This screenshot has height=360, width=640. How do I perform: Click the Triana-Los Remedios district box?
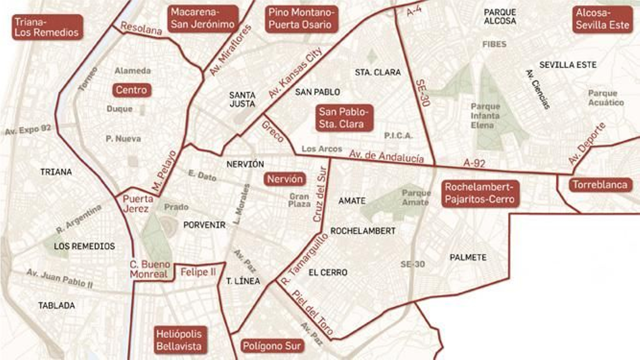coord(47,27)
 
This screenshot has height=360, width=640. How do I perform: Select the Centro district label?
coord(131,90)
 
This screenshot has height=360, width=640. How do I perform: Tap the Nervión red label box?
coord(285,179)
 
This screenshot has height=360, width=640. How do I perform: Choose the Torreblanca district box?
coord(600,184)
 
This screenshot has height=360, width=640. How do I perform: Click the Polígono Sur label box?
coord(272,346)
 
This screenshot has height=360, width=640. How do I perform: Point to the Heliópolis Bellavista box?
coord(179,340)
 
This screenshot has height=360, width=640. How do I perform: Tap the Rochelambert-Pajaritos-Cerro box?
coord(480,193)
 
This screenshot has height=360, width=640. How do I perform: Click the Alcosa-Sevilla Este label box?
coord(602,19)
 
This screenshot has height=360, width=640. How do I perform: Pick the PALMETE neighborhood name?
coord(468,258)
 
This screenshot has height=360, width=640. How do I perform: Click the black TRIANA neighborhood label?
coord(56,172)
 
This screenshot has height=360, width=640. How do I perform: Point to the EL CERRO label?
coord(328,272)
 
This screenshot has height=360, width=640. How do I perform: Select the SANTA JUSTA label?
coord(242,99)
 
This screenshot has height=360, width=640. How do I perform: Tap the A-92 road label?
coord(474,163)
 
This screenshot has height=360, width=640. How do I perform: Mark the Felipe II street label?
coord(198,272)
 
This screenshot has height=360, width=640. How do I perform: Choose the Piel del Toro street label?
coord(312,312)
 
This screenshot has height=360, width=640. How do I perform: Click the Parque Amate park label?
coord(416,198)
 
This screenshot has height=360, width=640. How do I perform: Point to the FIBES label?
coord(494,44)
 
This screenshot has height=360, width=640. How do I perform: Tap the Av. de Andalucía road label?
coord(386,156)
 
